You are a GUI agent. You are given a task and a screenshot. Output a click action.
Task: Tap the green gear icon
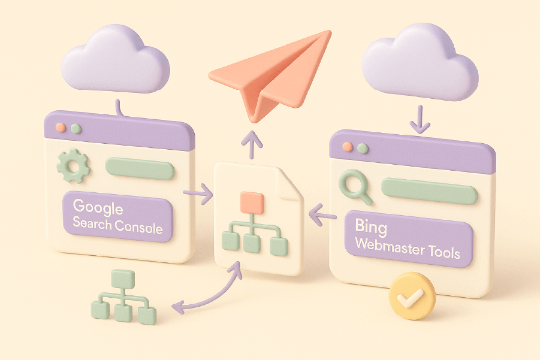pyautogui.click(x=73, y=166)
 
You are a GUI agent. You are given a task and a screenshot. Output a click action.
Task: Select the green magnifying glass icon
pyautogui.click(x=354, y=186)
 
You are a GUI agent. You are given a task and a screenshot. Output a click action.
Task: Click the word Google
pyautogui.click(x=98, y=208)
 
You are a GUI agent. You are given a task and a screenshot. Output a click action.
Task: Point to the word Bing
pyautogui.click(x=371, y=228)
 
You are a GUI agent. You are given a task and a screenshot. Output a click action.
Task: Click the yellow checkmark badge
pyautogui.click(x=412, y=295)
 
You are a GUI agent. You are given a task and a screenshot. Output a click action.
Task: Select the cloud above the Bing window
pyautogui.click(x=420, y=60)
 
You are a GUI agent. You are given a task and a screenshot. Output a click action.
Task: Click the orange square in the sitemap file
pyautogui.click(x=251, y=202)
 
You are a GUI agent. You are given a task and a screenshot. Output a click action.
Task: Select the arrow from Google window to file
pyautogui.click(x=198, y=193)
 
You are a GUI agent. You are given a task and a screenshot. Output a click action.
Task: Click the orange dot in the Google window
pyautogui.click(x=60, y=129)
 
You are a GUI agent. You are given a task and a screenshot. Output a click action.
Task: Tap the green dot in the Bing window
pyautogui.click(x=361, y=148)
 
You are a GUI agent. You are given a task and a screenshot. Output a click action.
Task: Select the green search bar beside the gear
pyautogui.click(x=140, y=168)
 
